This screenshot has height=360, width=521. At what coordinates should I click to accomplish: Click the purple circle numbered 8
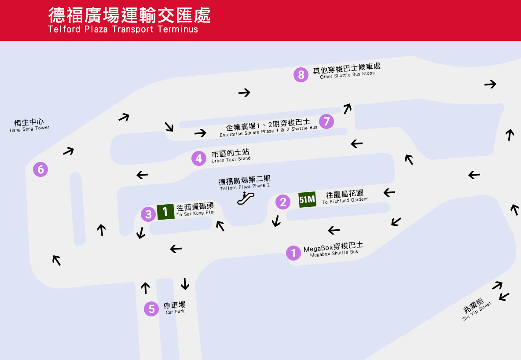coord(301,75)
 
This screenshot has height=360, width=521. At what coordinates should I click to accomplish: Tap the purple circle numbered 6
coord(40,169)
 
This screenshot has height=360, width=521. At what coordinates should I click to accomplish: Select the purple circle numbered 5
coord(151,309)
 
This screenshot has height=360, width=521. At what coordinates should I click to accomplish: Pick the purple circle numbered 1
coord(294,253)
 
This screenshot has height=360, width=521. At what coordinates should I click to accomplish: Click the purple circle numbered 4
coord(199,158)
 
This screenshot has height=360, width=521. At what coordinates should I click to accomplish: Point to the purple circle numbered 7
coord(327,121)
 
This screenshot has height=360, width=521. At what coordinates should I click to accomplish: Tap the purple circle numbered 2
coord(283,202)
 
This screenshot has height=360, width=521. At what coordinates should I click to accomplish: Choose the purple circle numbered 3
coord(149,214)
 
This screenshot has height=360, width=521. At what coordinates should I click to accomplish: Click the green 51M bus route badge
coord(307,199)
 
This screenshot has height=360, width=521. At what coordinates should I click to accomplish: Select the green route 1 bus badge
coord(165,212)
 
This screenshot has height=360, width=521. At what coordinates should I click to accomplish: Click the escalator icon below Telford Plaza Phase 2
coord(246,198)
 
